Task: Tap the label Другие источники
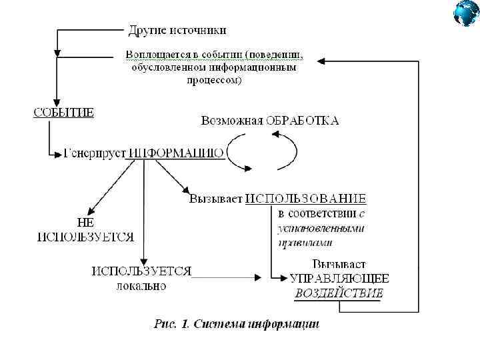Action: (x=177, y=30)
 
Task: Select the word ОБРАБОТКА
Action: (x=302, y=121)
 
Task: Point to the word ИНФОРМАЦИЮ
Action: (x=176, y=153)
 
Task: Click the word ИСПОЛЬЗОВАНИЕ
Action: (x=305, y=199)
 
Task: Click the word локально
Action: (x=141, y=286)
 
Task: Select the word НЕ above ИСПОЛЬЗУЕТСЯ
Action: (x=85, y=223)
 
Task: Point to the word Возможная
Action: (x=231, y=121)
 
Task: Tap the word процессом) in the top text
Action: (x=214, y=81)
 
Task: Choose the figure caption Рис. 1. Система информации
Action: (x=236, y=324)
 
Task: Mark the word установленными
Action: (x=321, y=229)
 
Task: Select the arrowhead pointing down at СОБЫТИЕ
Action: (x=57, y=99)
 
